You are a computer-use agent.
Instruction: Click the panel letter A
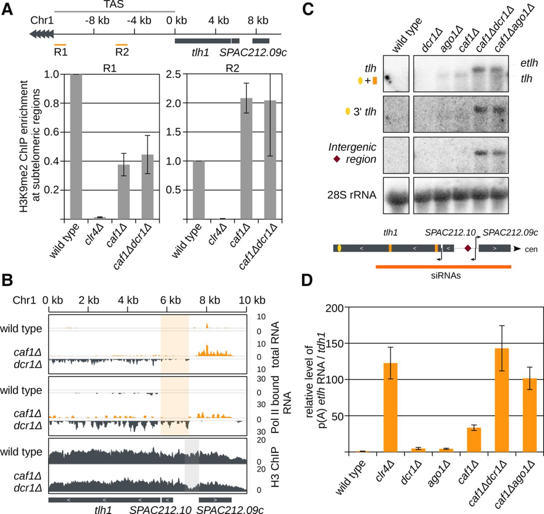click(x=7, y=9)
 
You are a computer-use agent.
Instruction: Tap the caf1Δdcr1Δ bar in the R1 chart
click(x=147, y=187)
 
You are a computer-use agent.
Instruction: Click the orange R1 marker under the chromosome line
click(x=60, y=44)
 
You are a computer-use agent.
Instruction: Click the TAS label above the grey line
click(x=114, y=5)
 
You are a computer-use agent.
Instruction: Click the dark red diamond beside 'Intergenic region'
click(x=337, y=159)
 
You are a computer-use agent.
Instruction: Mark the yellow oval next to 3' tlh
click(x=348, y=112)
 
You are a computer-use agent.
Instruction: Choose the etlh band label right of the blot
click(x=530, y=63)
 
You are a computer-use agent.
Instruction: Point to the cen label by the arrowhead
click(x=531, y=249)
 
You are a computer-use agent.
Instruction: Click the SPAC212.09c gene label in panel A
click(x=253, y=53)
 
